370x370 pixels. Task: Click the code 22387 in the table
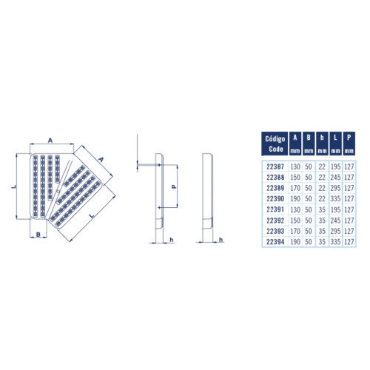[275, 166]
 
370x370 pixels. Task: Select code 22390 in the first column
[275, 199]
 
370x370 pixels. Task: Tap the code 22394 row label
[275, 242]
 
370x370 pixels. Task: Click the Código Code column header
[275, 144]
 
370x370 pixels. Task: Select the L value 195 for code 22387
[335, 166]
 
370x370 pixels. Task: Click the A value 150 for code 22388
[295, 178]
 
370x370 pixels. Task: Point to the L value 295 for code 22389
[335, 188]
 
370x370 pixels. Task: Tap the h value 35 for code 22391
[322, 209]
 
